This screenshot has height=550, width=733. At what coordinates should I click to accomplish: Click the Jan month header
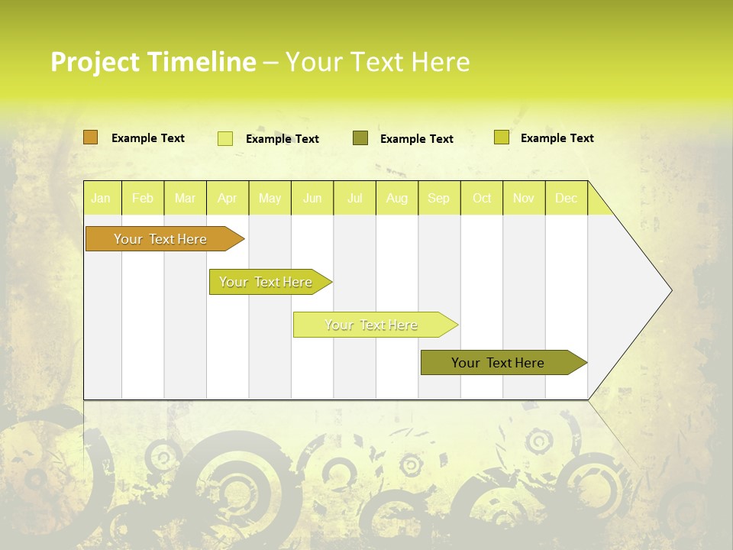(101, 198)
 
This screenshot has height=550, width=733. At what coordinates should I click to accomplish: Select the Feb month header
(143, 198)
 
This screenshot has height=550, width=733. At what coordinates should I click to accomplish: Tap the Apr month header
(227, 198)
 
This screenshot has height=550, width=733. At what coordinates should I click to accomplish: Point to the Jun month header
(312, 198)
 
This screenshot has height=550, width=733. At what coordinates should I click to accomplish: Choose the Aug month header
(396, 198)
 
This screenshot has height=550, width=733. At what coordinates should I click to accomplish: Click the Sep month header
(438, 198)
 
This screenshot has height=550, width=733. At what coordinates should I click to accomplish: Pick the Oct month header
(482, 198)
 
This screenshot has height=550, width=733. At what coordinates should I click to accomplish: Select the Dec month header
(566, 198)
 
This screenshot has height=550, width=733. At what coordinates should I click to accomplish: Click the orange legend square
(90, 137)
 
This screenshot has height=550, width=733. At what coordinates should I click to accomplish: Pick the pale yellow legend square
(225, 138)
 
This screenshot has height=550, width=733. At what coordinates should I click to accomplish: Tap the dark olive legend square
(360, 138)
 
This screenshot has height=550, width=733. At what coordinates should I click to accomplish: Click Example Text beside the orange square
(148, 138)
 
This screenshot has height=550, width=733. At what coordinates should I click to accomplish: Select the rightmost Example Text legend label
(557, 138)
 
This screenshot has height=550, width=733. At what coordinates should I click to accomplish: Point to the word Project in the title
(93, 62)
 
